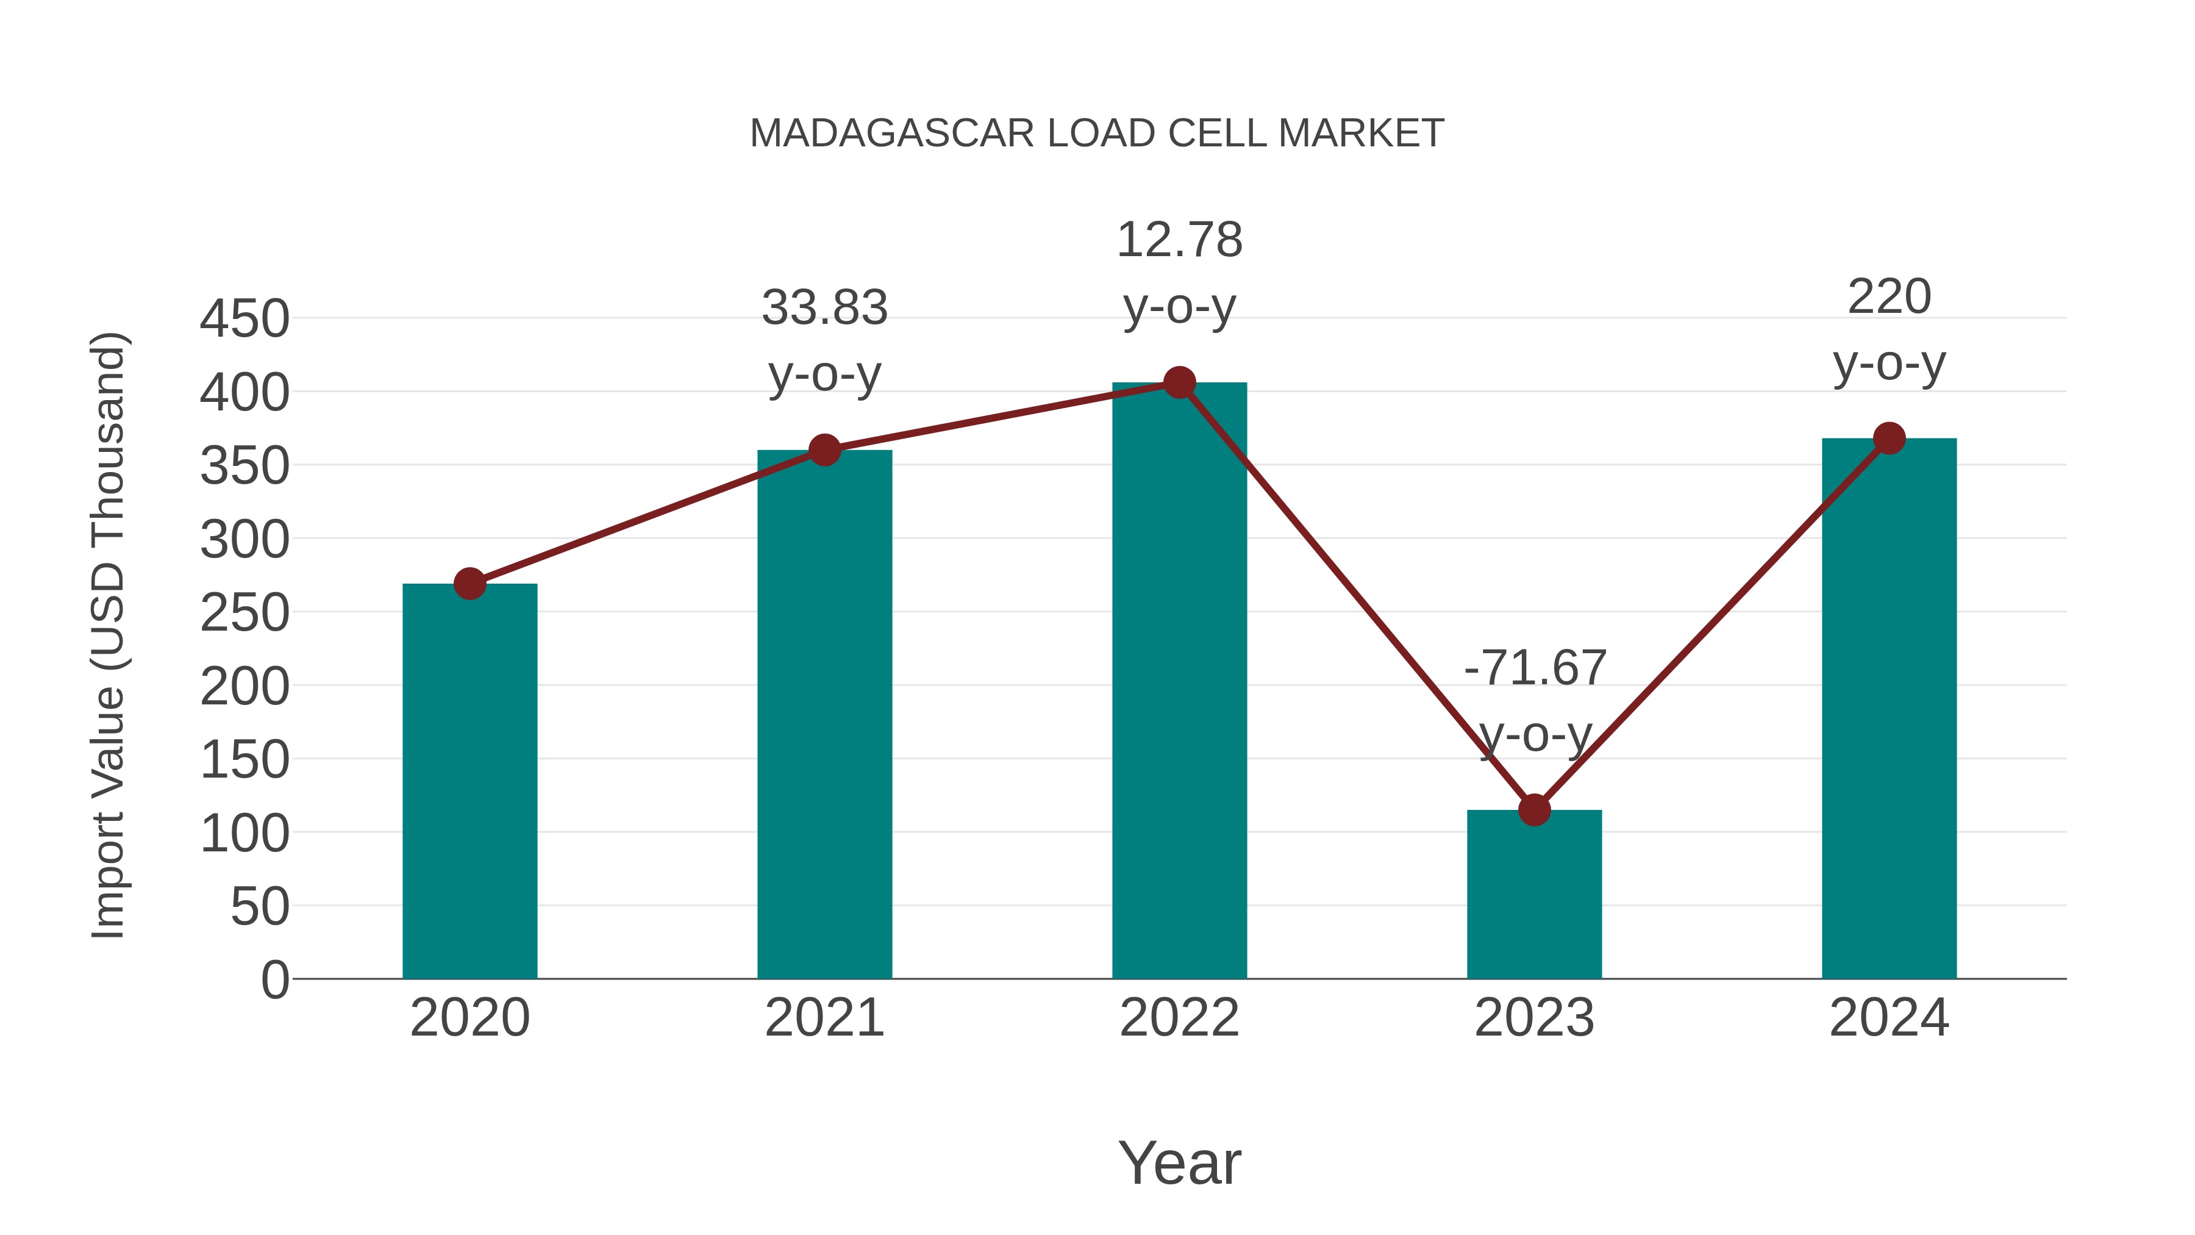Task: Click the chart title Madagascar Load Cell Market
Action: pyautogui.click(x=1097, y=134)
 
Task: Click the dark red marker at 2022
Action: pyautogui.click(x=1179, y=382)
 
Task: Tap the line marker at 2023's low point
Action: pyautogui.click(x=1534, y=810)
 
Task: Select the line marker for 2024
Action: pyautogui.click(x=1889, y=438)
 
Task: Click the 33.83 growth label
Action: pyautogui.click(x=824, y=308)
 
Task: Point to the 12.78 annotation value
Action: pyautogui.click(x=1179, y=240)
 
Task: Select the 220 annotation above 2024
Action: pyautogui.click(x=1889, y=298)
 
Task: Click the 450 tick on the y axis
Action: pyautogui.click(x=244, y=320)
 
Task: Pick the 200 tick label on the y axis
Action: pyautogui.click(x=244, y=687)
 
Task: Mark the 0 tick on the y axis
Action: pyautogui.click(x=274, y=980)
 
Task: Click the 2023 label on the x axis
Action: pyautogui.click(x=1534, y=1018)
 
